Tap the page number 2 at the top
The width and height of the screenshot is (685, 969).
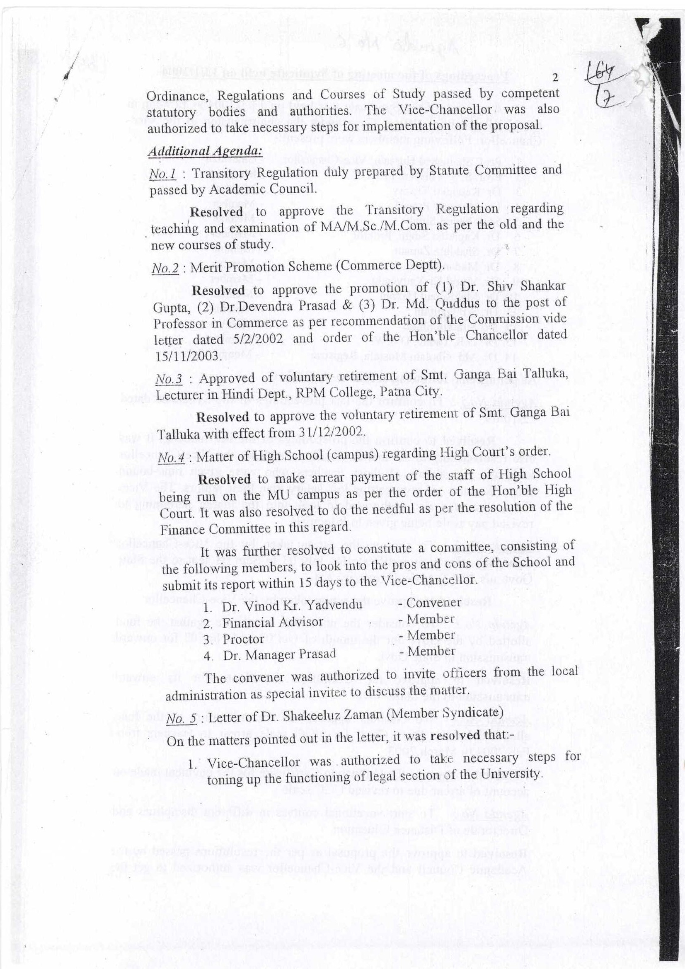coord(554,78)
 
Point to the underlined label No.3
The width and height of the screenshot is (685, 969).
coord(168,379)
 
